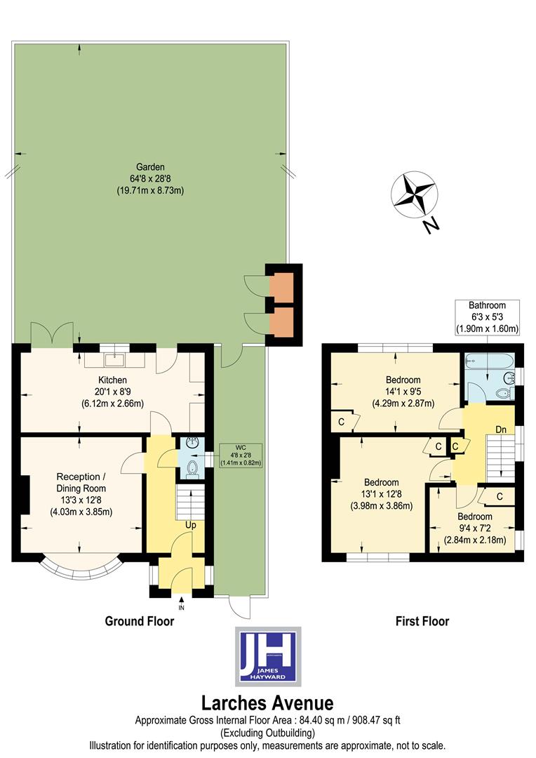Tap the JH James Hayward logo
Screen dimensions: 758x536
(x=268, y=656)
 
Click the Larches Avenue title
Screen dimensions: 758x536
(x=267, y=703)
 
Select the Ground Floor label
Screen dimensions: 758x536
(x=140, y=620)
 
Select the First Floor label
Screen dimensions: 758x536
(x=422, y=620)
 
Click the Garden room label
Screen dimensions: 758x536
(x=150, y=178)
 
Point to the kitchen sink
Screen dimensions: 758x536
(x=113, y=361)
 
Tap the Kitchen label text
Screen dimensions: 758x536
(x=112, y=380)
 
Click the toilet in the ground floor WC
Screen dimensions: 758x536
(x=194, y=470)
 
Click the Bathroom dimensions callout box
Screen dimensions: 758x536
(x=487, y=317)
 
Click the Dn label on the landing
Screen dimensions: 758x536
(x=501, y=429)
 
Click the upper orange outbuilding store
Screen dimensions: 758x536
(x=283, y=286)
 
